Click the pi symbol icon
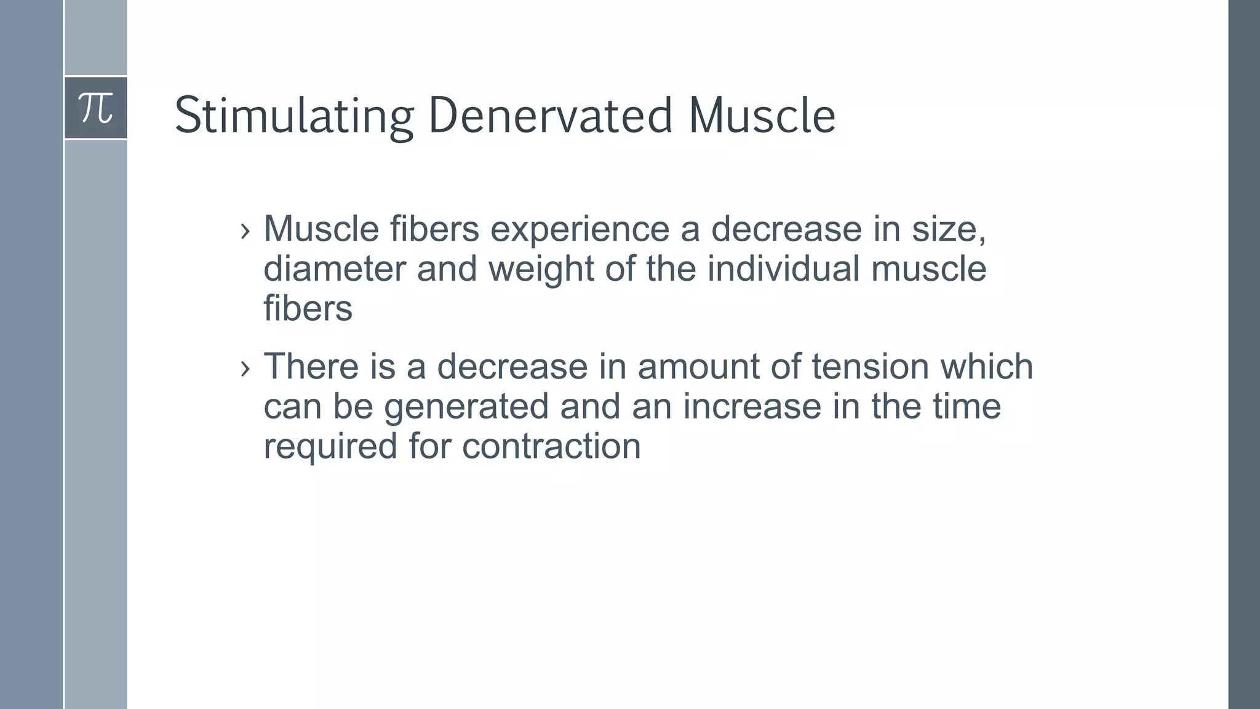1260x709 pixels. pos(96,108)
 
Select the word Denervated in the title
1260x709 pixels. pos(550,116)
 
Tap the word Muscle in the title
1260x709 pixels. pos(762,116)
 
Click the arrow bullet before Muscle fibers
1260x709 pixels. pos(245,231)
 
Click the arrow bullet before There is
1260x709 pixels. pos(245,368)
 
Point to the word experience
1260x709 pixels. pos(580,229)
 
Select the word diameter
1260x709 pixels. pos(335,269)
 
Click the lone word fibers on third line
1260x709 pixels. pos(308,308)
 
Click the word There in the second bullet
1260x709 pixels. pos(311,366)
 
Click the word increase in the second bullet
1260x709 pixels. pos(752,406)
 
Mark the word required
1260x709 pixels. pos(330,446)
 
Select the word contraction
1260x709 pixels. pos(551,446)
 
